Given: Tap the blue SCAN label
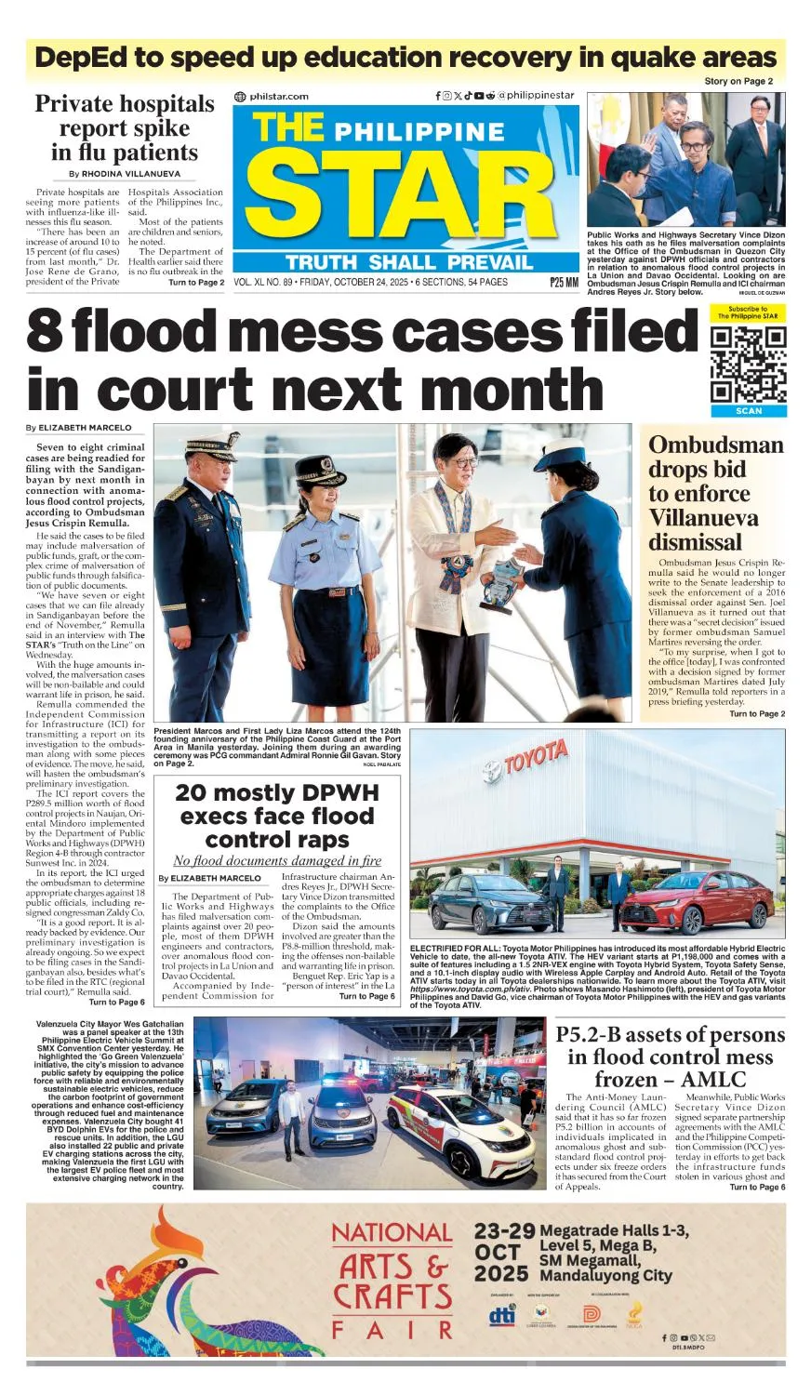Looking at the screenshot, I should pos(748,410).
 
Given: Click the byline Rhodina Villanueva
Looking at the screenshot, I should pos(123,174).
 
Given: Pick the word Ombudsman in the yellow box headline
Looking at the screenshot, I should pos(715,445).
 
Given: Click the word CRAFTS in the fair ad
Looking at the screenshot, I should pos(392,1296).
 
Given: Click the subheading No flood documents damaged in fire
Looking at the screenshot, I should pos(277,861).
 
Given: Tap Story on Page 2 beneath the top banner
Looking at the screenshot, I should pos(738,82).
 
